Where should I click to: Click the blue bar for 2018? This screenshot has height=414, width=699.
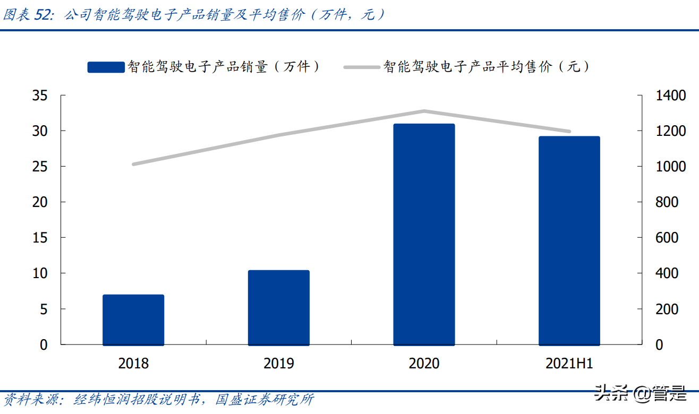pos(133,320)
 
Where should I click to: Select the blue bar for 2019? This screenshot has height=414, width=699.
pos(279,307)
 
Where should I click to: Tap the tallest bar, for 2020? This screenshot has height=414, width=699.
pos(424,234)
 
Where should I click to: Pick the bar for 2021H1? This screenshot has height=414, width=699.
pos(569,240)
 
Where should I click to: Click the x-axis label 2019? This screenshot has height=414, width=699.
pos(279,364)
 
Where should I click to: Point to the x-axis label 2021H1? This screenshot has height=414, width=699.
pos(569,364)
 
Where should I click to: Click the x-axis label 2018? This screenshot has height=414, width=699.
pos(133,364)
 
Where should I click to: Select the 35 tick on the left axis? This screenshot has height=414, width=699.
pos(40,96)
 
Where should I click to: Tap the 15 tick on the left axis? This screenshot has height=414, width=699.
pos(40,238)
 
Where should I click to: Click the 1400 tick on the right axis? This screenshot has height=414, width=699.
pos(671,96)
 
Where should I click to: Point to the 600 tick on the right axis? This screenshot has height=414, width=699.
pos(667,238)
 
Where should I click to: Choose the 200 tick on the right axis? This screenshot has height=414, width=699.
pos(667,309)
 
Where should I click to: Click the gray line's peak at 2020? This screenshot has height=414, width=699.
pos(424,111)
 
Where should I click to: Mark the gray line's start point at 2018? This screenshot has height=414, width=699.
pos(133,164)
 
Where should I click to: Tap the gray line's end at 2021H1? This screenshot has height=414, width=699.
pos(569,131)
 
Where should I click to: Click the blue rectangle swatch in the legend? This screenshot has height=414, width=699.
pos(106,67)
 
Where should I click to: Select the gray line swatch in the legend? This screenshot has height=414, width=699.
pos(362,67)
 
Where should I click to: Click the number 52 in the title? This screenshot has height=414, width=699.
pos(44,15)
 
